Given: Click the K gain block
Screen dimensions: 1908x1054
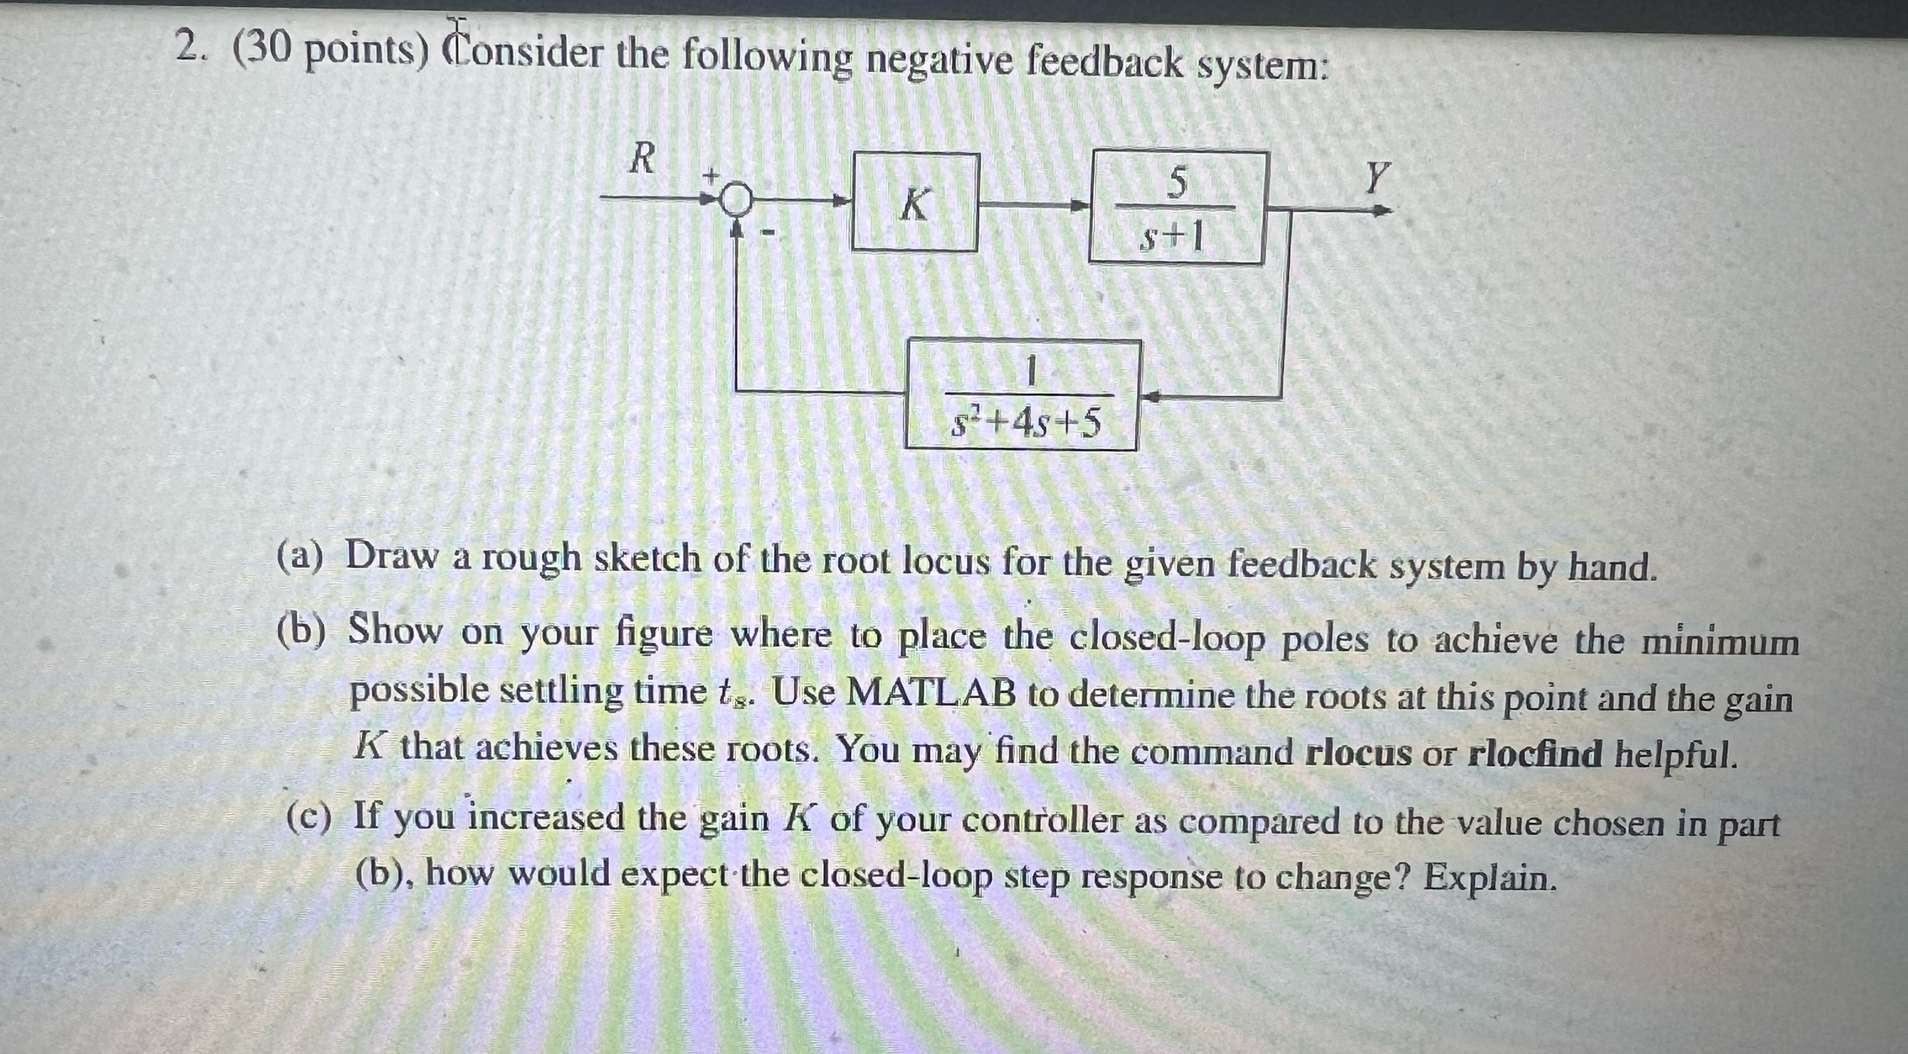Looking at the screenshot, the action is point(915,202).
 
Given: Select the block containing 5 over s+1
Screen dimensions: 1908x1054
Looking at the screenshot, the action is point(1176,208).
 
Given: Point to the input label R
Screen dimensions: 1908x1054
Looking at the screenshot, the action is point(642,159).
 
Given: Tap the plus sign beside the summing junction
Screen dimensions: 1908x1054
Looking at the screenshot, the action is point(711,176).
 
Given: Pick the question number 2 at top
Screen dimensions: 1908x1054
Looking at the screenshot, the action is point(189,50).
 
